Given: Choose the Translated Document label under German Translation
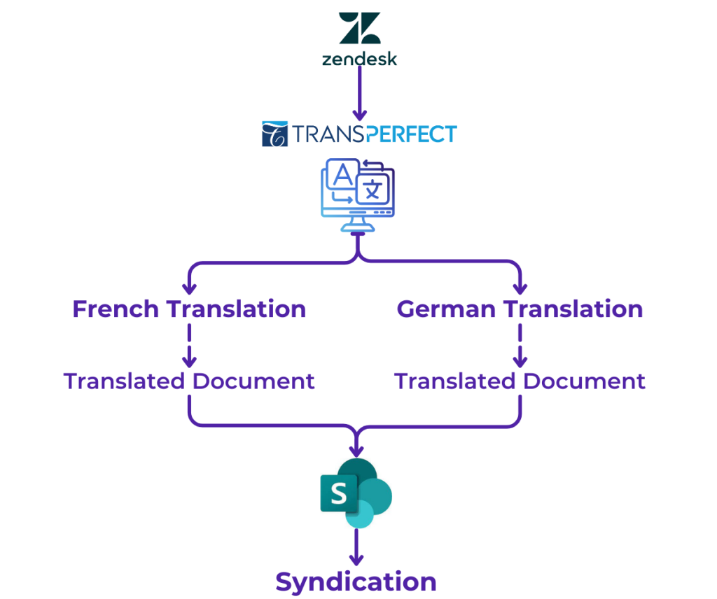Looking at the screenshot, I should pyautogui.click(x=517, y=382).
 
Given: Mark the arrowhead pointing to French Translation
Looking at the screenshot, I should pyautogui.click(x=193, y=288).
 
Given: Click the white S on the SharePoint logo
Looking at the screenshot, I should pyautogui.click(x=339, y=493).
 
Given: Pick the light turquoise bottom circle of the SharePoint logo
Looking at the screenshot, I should pyautogui.click(x=361, y=516).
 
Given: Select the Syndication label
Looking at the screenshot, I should pyautogui.click(x=358, y=581).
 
